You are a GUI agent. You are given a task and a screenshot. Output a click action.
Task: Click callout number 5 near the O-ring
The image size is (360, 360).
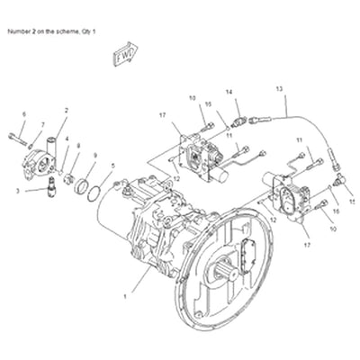(112, 166)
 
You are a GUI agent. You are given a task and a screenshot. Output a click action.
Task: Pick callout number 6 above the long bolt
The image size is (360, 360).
(23, 114)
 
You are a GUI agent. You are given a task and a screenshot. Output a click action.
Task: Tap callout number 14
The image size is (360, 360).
(228, 92)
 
